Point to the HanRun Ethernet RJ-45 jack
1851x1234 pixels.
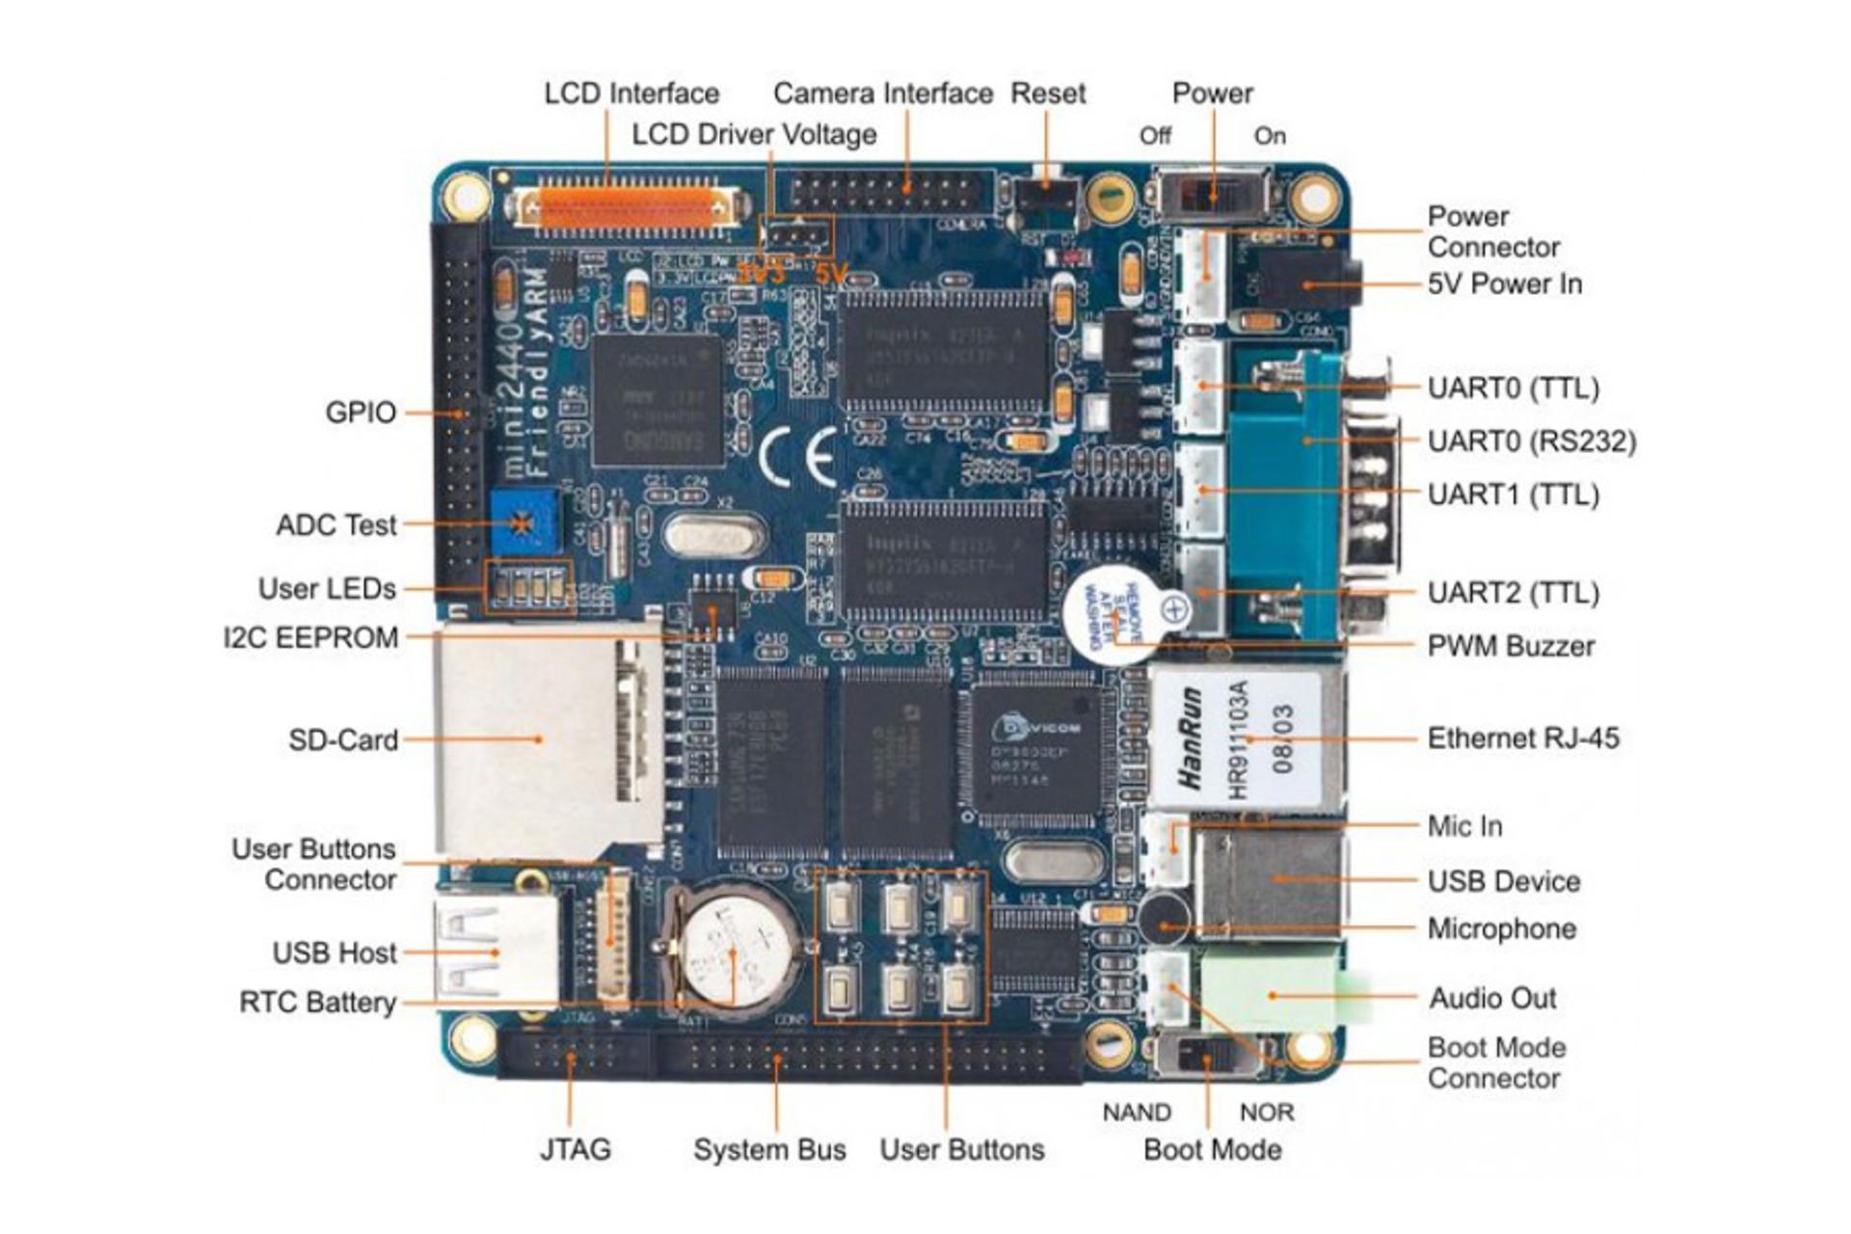[1244, 738]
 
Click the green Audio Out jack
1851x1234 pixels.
[1273, 994]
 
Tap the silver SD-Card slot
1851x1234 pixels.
[540, 740]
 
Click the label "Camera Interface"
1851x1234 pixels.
[882, 94]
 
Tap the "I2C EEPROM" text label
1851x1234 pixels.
[310, 638]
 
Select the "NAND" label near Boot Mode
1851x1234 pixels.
[1136, 1113]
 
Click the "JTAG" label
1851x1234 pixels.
[575, 1149]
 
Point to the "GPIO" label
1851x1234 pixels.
[361, 413]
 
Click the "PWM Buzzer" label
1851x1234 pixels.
[1510, 646]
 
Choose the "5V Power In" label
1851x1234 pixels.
[1504, 284]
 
